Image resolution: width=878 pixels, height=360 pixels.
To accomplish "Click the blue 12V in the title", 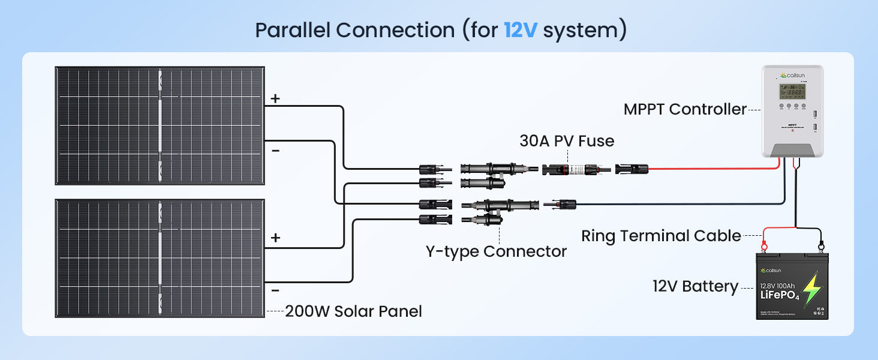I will point(521,29).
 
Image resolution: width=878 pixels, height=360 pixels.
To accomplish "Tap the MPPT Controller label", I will point(685,109).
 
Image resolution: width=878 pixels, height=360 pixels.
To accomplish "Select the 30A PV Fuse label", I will point(567,141).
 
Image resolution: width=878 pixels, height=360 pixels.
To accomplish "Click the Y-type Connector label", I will point(496,251).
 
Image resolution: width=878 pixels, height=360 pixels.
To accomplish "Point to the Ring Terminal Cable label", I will point(661,236).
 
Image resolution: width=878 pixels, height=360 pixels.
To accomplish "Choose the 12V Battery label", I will point(695,287).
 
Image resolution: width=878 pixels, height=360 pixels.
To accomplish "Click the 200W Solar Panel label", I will point(353,311).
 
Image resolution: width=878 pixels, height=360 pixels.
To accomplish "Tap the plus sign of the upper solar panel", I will point(275,99).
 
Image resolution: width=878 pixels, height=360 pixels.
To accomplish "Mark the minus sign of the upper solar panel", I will point(275,150).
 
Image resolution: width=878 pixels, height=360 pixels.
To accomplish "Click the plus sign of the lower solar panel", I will point(275,238).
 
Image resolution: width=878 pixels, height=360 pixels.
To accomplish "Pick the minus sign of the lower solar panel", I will point(275,290).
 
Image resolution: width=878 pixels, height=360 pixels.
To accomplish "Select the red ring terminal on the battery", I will point(764,245).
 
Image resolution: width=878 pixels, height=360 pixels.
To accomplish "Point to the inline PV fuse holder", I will point(576,170).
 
